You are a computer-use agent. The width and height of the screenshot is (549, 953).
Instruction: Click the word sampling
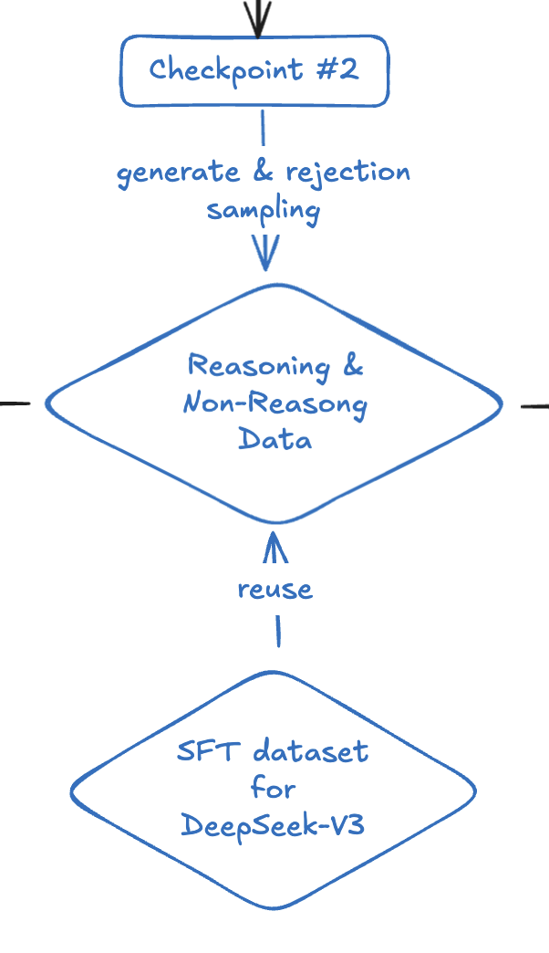[263, 212]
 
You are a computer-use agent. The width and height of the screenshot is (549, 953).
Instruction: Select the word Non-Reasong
[274, 403]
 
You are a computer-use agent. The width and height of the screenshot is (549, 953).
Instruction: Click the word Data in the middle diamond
[274, 439]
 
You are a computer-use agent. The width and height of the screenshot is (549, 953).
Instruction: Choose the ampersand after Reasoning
[352, 366]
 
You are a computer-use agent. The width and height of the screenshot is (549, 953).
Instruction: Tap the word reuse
[274, 590]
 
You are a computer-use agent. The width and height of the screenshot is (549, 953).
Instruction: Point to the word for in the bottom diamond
[274, 788]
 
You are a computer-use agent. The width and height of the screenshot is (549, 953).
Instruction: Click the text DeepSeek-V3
[274, 824]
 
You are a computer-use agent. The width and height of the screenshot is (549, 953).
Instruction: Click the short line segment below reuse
[277, 631]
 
